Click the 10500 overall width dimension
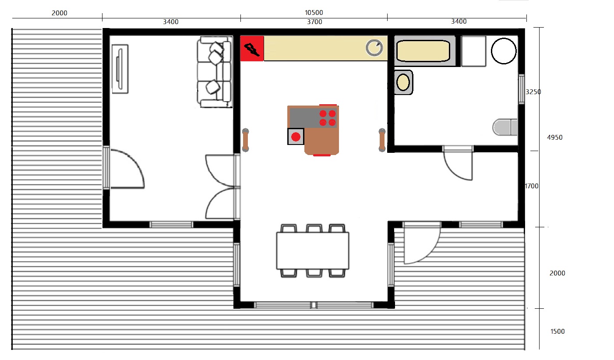click(x=314, y=13)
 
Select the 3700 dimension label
click(x=314, y=22)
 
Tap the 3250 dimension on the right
click(x=533, y=92)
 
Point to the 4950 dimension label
click(x=554, y=138)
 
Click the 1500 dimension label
click(x=558, y=332)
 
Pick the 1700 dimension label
click(x=532, y=186)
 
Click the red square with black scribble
click(x=252, y=49)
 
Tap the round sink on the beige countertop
click(x=374, y=48)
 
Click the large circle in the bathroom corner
click(x=504, y=51)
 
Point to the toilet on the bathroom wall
click(x=505, y=127)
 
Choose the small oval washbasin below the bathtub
click(x=403, y=82)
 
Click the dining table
click(x=313, y=251)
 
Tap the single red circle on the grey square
click(x=296, y=137)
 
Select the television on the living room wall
click(x=120, y=69)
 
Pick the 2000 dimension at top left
click(x=60, y=13)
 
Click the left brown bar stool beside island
click(x=246, y=140)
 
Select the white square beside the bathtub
click(x=474, y=51)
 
